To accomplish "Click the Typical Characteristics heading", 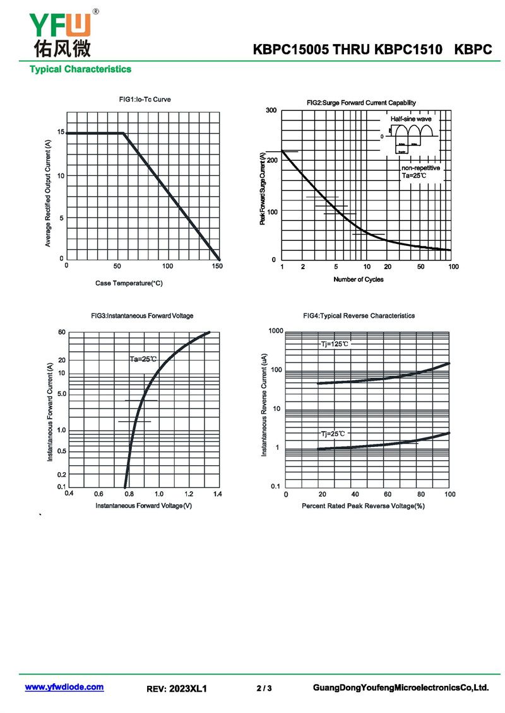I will (80, 69).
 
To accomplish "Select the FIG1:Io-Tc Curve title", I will (145, 100).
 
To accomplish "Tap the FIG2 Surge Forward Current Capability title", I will (361, 103).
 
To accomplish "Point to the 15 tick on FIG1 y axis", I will (61, 132).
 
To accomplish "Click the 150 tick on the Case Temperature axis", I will (217, 267).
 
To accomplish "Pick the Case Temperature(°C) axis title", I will (129, 283).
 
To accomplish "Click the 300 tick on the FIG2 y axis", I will (271, 111).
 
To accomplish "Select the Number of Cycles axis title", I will (358, 279).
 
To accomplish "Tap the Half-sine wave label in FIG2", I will (410, 119).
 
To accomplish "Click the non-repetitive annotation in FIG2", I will (420, 168).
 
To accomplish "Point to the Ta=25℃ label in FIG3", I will (143, 359).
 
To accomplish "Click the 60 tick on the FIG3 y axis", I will (62, 332).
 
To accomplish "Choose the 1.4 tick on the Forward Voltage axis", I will (217, 494).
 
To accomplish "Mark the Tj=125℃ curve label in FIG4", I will (334, 344).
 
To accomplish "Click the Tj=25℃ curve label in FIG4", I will (333, 434).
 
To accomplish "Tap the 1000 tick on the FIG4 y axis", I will (276, 331).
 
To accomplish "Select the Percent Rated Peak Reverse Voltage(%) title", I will (363, 506).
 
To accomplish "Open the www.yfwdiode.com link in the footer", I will (64, 687).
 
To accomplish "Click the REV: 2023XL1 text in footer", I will (177, 689).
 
